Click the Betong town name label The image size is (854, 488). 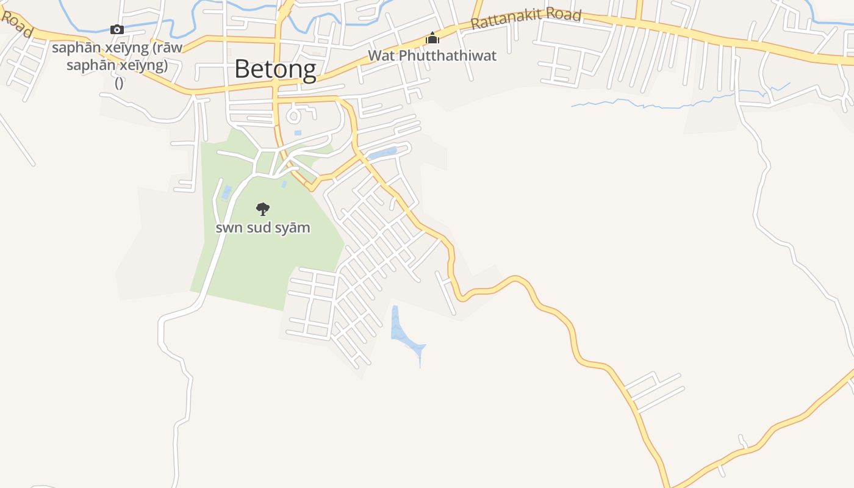pyautogui.click(x=275, y=69)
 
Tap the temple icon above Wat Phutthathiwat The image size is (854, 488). pyautogui.click(x=432, y=38)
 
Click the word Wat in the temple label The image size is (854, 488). pyautogui.click(x=378, y=56)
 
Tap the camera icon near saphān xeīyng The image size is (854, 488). pyautogui.click(x=117, y=29)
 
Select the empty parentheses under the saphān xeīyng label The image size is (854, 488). pyautogui.click(x=119, y=83)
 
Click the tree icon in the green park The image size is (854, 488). pyautogui.click(x=263, y=209)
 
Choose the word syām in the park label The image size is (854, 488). pyautogui.click(x=293, y=228)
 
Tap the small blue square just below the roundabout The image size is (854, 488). pyautogui.click(x=298, y=132)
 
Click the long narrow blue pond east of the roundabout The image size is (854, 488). pyautogui.click(x=383, y=153)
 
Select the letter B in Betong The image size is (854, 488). pyautogui.click(x=242, y=69)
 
